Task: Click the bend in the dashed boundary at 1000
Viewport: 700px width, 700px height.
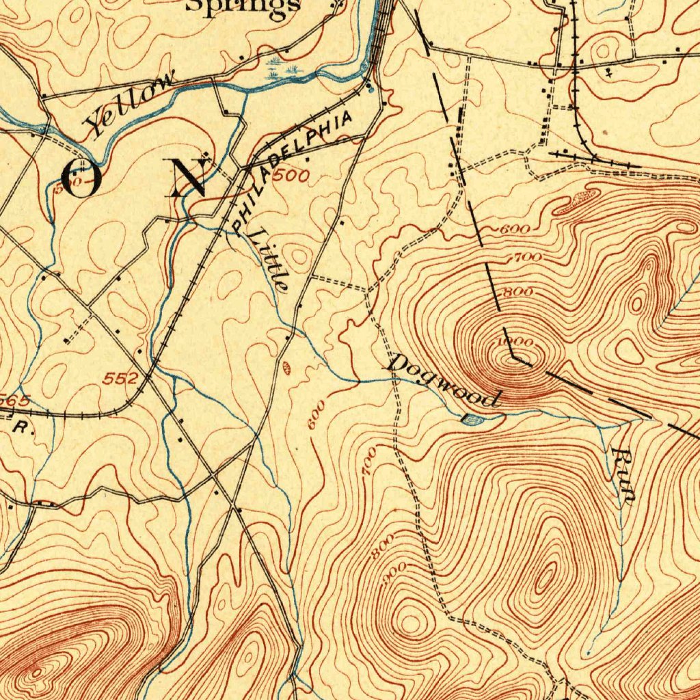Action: [513, 356]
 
